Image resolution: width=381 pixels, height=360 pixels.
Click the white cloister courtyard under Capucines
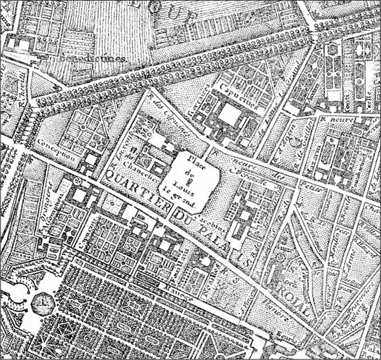tap(228, 114)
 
